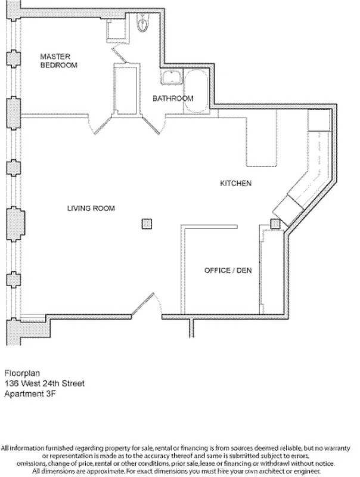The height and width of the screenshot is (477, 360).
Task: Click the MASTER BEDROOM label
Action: pos(58,60)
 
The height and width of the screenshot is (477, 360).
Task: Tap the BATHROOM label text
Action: pos(173,98)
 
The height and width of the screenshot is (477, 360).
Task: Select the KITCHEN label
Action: pos(235,184)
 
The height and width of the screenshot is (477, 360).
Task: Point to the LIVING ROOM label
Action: pos(91,208)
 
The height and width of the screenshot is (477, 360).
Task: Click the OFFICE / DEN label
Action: pos(228,270)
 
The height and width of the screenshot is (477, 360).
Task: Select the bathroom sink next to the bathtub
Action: pos(172,78)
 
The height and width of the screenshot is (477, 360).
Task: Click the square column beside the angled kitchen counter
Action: pos(275,224)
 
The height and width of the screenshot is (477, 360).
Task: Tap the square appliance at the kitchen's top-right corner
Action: pos(319,122)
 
